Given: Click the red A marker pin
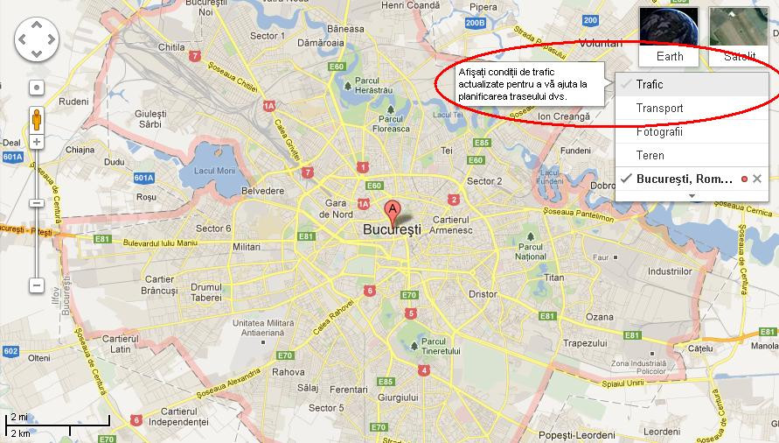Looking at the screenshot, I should click(x=393, y=210).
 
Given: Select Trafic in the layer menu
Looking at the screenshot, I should click(x=650, y=85).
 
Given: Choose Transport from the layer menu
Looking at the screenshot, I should click(x=660, y=109).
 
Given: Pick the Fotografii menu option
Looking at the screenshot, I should click(x=660, y=132).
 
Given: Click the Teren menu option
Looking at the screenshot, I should click(x=650, y=156).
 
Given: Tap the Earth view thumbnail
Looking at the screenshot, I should click(x=670, y=36).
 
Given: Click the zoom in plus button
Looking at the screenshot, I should click(x=37, y=141).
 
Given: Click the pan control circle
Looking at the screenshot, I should click(x=37, y=38).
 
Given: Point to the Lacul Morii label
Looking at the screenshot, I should click(x=215, y=170).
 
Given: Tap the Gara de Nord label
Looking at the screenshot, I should click(x=337, y=209).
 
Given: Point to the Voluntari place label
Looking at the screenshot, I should click(x=600, y=43).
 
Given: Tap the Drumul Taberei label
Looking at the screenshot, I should click(x=206, y=292).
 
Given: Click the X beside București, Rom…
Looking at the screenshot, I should click(x=757, y=179).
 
